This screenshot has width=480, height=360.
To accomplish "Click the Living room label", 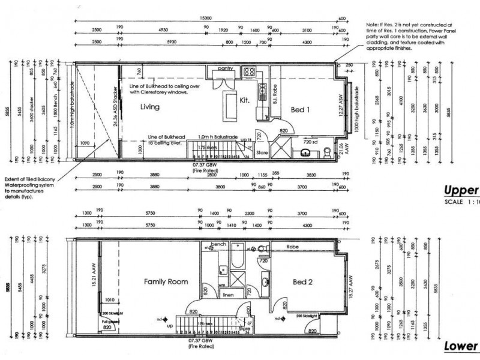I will coord(152,106).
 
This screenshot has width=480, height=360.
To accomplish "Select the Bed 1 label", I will coord(300,110).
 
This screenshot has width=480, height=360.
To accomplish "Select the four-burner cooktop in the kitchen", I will coord(249,73).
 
